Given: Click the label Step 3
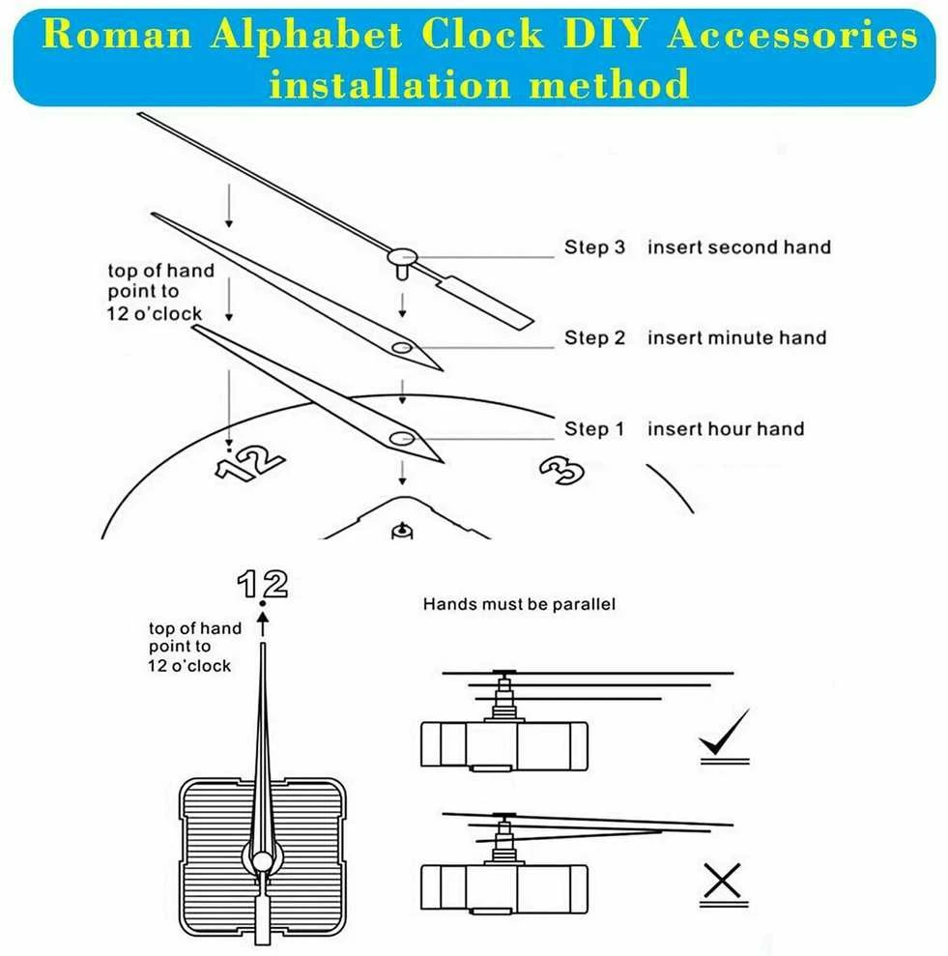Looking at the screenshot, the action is coord(594,246).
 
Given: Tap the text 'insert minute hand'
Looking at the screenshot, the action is coord(736,337).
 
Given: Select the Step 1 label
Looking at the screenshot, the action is coord(593,428).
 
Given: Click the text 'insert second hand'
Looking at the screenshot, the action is coord(739,246).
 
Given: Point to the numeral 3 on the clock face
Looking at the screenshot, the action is coord(562,472).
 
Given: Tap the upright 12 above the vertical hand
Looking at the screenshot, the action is coord(262,584).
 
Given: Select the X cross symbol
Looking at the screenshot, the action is coord(723,881).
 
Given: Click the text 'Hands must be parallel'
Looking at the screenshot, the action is coord(519,604).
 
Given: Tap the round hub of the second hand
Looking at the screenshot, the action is coord(402,257).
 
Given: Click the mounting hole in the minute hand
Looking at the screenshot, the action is coord(402,348).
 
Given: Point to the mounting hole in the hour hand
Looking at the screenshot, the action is coord(402,439).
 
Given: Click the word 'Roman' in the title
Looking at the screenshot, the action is coord(117,34).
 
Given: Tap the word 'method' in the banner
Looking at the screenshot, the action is coord(609,83).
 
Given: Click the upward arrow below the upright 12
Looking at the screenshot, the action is coord(263,624).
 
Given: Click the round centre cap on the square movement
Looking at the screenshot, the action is coord(263,861).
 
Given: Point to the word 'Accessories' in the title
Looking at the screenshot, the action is coord(792,34).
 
